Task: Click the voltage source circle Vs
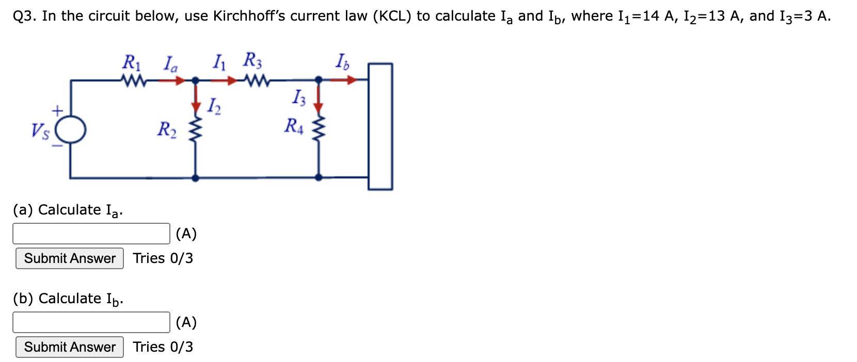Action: (x=71, y=129)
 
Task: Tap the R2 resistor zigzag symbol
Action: (x=195, y=131)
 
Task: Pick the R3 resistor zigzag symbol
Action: (x=257, y=80)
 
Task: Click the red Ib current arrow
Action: (x=344, y=80)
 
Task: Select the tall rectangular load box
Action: (x=380, y=126)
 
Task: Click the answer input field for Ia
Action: (x=91, y=234)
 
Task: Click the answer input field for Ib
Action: (x=91, y=322)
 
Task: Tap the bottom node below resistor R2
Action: (x=195, y=178)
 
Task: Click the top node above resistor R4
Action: (x=319, y=80)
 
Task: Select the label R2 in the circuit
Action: (x=167, y=129)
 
